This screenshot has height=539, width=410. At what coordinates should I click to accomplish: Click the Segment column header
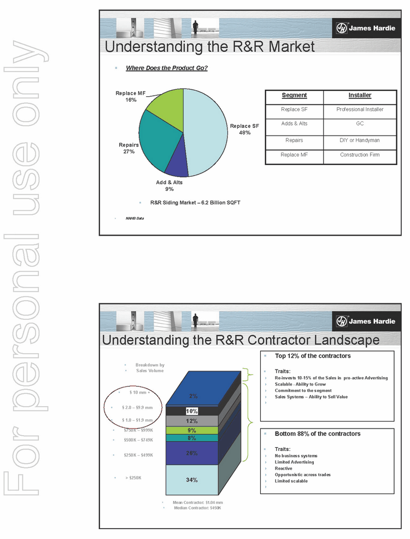[x=294, y=95]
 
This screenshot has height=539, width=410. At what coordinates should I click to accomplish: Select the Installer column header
[x=360, y=95]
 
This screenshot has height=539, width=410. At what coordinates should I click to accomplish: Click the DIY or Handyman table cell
[x=360, y=140]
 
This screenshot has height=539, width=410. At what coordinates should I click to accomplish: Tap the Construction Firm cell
[x=360, y=155]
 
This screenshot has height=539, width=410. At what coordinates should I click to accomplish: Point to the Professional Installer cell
[x=360, y=109]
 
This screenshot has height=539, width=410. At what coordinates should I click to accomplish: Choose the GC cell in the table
[x=360, y=124]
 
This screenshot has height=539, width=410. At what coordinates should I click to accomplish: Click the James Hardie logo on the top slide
[x=365, y=28]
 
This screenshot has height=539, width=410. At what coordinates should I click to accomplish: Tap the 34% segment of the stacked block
[x=192, y=480]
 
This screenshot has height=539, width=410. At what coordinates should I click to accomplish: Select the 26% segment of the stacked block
[x=192, y=453]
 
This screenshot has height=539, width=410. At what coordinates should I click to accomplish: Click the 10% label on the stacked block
[x=192, y=411]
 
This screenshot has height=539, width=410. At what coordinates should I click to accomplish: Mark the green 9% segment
[x=192, y=430]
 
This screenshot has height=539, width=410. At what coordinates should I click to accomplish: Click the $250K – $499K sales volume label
[x=139, y=455]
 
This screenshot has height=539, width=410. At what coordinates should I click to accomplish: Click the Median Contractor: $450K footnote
[x=197, y=508]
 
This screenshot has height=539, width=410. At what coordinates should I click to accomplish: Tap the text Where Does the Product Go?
[x=167, y=68]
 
